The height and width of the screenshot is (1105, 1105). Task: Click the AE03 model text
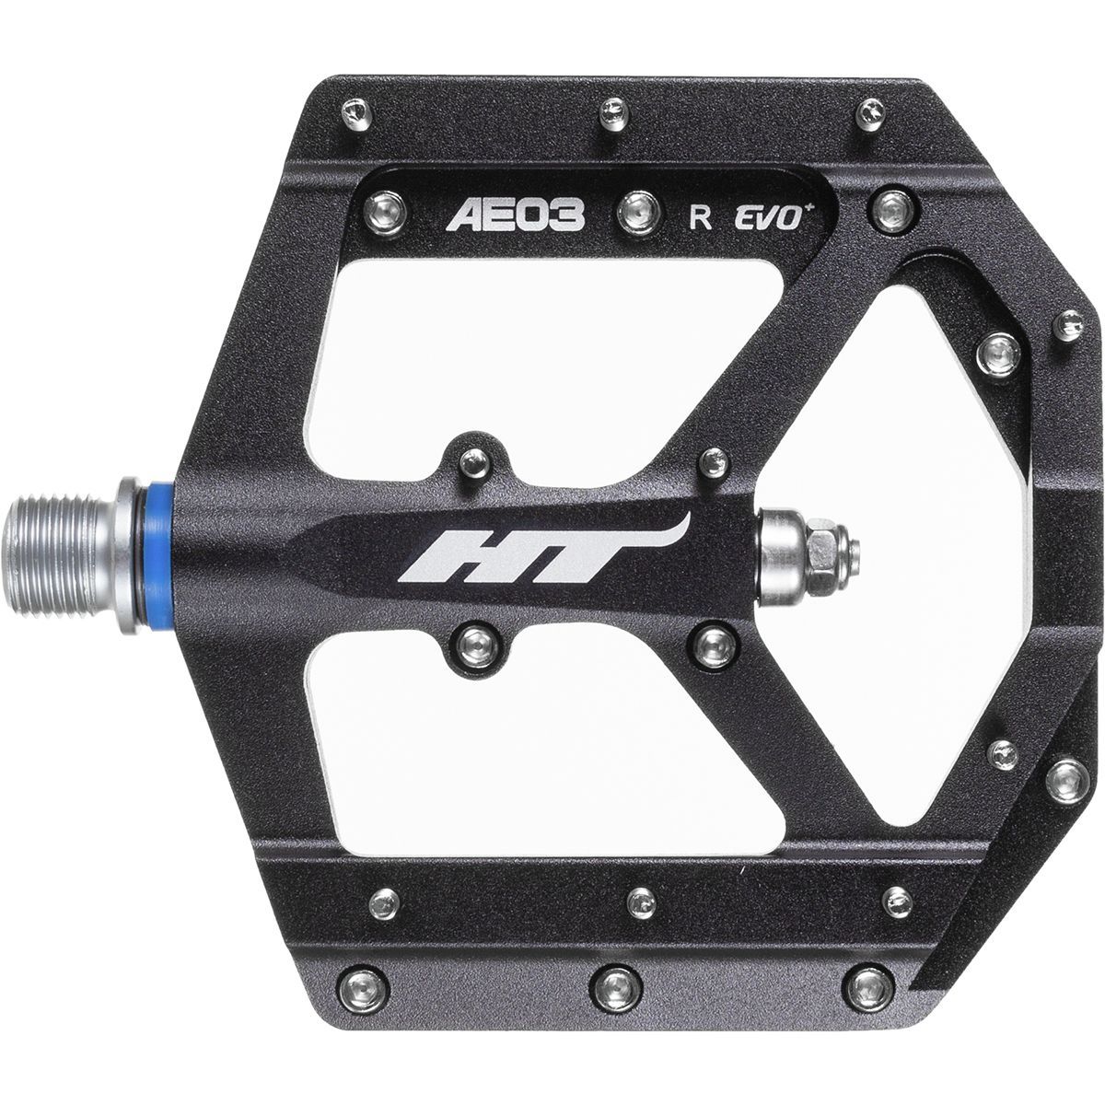515,215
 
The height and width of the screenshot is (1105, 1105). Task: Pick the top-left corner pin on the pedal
356,113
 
